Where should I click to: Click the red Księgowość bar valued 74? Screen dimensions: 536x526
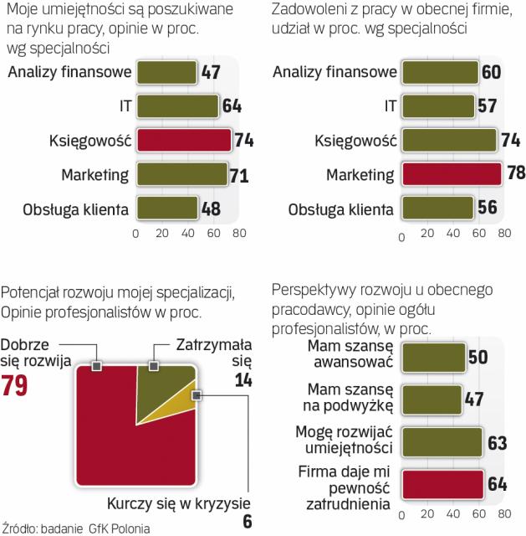coord(182,140)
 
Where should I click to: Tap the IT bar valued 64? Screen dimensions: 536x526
coord(177,106)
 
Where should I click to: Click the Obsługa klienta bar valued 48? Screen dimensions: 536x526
coord(166,208)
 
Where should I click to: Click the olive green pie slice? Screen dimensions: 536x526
coord(163,383)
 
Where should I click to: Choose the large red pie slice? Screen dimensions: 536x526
coord(125,435)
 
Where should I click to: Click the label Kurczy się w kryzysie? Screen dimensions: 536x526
coord(178,503)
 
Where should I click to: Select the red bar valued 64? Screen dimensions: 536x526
coord(441,484)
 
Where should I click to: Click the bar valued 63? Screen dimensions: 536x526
coord(441,442)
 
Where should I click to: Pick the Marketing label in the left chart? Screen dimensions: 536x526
coord(94,174)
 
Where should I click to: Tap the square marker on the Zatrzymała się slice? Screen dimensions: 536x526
coord(153,366)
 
